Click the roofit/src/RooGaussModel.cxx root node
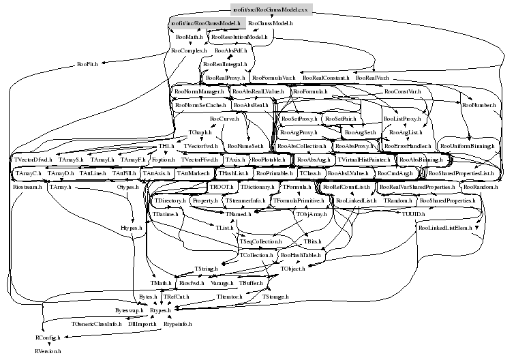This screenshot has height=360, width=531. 271,10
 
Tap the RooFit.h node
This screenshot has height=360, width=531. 88,63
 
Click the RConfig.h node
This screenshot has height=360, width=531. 48,337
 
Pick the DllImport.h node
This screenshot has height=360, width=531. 142,324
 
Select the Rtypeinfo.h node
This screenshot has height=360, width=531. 178,324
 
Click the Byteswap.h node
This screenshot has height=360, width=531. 130,310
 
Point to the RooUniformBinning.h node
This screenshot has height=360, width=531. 466,146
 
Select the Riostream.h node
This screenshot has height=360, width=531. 28,187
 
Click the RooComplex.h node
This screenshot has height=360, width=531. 187,50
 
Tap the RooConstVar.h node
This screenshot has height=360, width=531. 401,91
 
